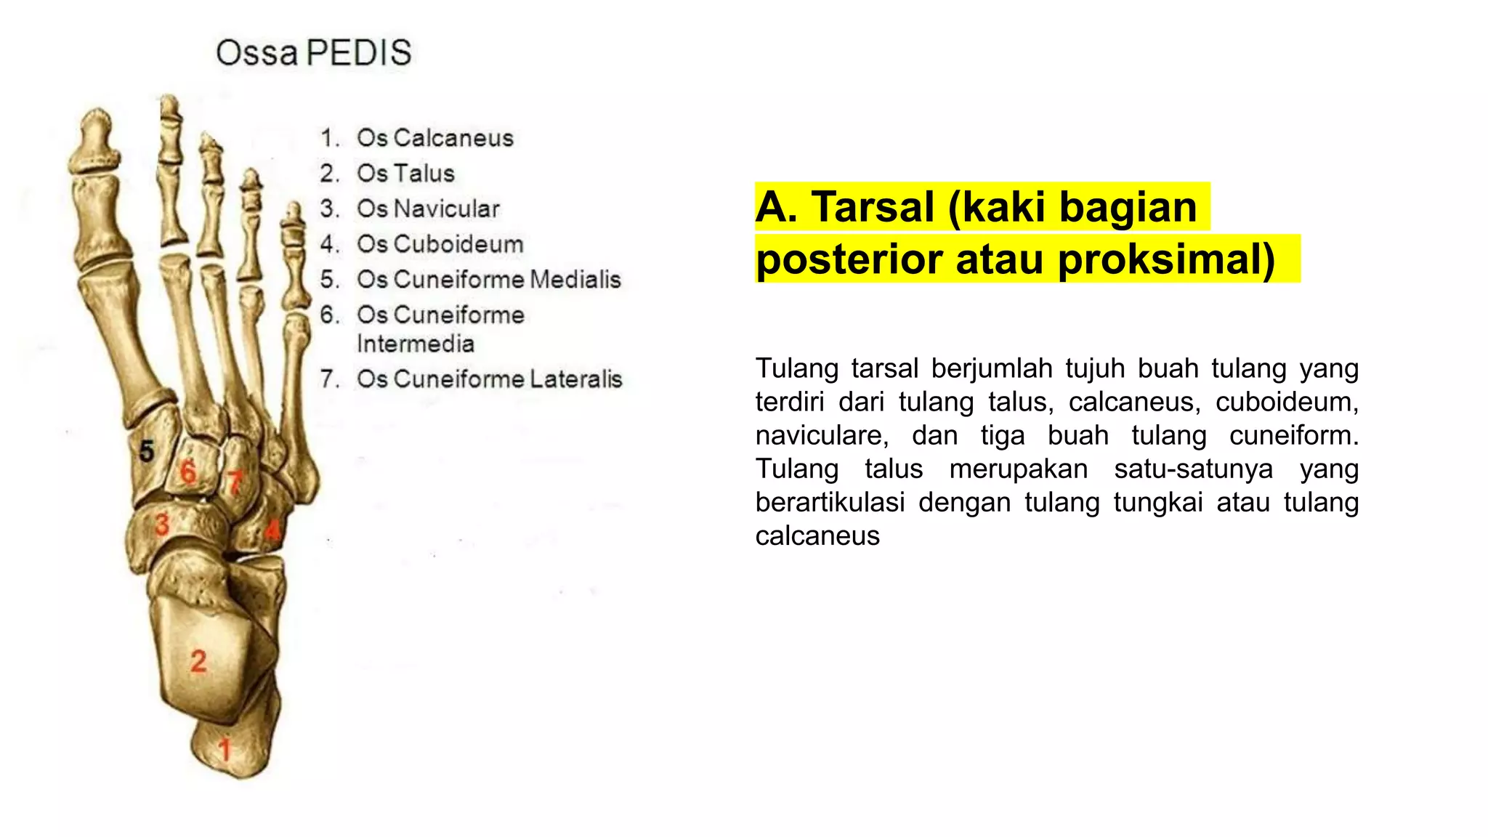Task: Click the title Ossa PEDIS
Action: (314, 53)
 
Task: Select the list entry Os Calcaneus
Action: (434, 138)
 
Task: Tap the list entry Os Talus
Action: (405, 174)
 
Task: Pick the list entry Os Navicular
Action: (428, 209)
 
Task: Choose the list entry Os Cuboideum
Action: (440, 244)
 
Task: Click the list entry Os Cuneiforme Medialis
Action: (488, 280)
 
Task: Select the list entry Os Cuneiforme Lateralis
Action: (489, 379)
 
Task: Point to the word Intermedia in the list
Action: (415, 344)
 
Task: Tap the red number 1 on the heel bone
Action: (225, 749)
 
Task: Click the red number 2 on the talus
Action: (198, 661)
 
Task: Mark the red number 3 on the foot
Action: (162, 524)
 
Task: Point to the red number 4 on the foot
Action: (272, 529)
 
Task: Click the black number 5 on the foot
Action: (147, 451)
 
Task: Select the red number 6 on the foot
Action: (188, 472)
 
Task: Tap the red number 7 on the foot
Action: (234, 482)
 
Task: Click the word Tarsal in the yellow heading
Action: (873, 207)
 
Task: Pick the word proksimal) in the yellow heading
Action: (1165, 259)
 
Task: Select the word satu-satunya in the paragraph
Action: (1193, 469)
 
